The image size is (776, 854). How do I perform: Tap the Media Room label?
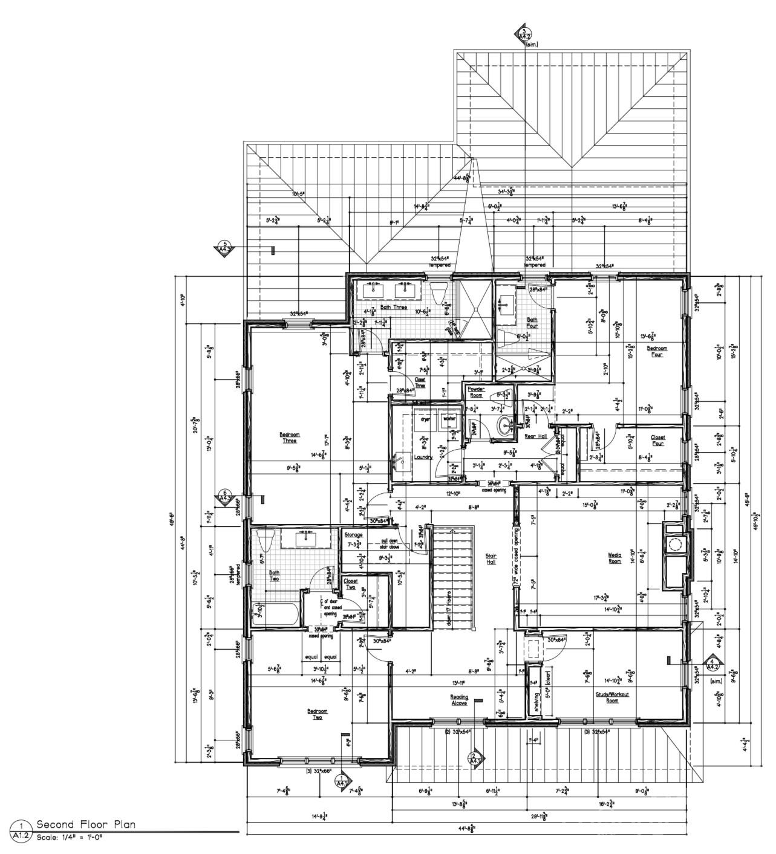click(x=615, y=557)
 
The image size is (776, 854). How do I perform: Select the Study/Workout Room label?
click(x=612, y=697)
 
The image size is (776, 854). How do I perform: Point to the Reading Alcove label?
click(x=459, y=699)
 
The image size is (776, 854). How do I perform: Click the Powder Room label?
click(x=476, y=391)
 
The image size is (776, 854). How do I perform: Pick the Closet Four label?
click(x=657, y=440)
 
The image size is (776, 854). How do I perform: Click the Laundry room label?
click(x=423, y=457)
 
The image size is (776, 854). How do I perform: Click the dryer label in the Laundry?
click(x=425, y=418)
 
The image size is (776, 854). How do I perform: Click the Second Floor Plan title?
click(x=86, y=824)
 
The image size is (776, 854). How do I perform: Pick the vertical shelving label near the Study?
click(x=535, y=700)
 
